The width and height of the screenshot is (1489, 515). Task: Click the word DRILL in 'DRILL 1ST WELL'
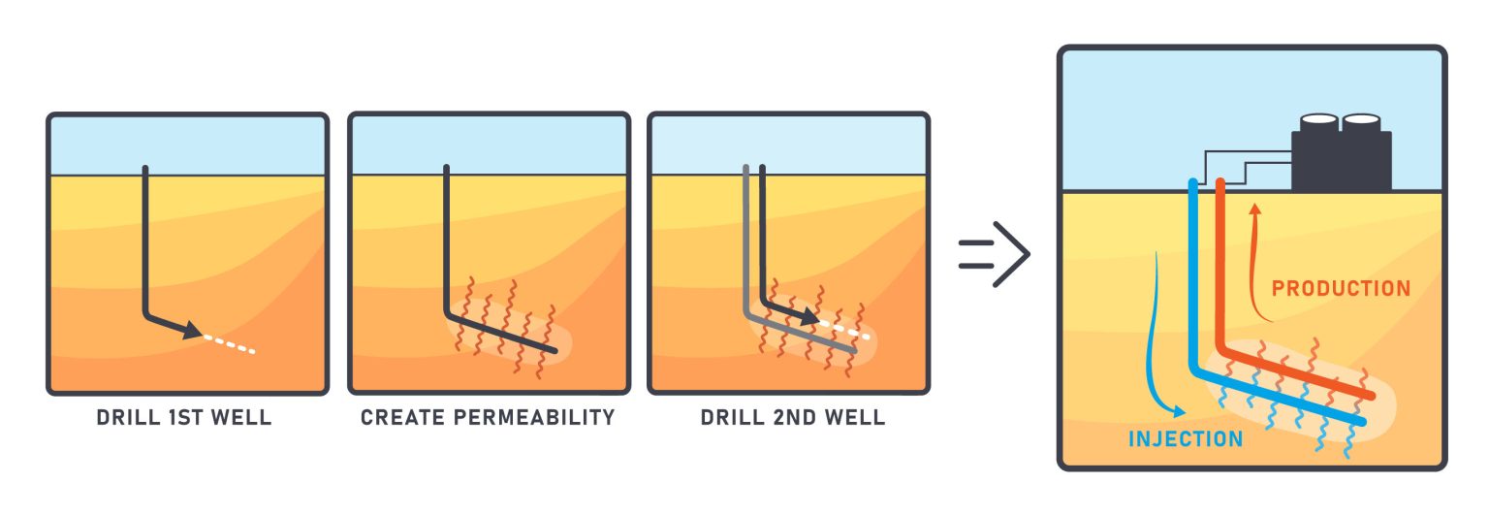(125, 419)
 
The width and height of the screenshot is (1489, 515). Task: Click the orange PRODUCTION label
(1341, 288)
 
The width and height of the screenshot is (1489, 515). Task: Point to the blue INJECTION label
(1185, 439)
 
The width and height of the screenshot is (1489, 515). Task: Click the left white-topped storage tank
(1319, 122)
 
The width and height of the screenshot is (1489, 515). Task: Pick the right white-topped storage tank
(1361, 122)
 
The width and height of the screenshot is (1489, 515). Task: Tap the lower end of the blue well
(1360, 422)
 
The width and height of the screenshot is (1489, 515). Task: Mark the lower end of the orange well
(1371, 396)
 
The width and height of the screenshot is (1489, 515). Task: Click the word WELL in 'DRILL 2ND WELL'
(857, 419)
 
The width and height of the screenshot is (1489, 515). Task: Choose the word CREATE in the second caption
(394, 419)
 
